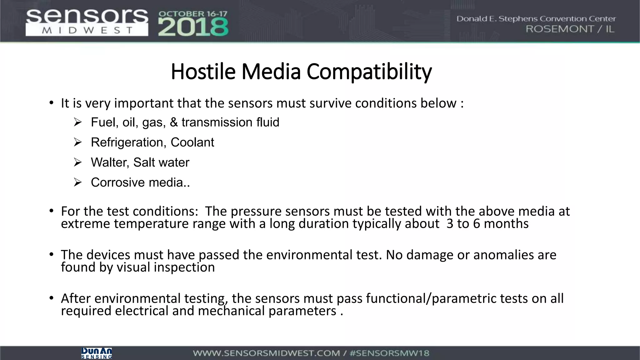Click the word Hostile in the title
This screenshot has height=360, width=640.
pyautogui.click(x=203, y=72)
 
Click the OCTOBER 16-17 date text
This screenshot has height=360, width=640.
pyautogui.click(x=193, y=14)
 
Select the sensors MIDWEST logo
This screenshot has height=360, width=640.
pyautogui.click(x=87, y=22)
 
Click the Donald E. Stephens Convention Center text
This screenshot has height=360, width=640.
pyautogui.click(x=536, y=19)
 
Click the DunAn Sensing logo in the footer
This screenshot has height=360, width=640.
pyautogui.click(x=96, y=353)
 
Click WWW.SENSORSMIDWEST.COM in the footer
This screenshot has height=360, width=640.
pyautogui.click(x=266, y=353)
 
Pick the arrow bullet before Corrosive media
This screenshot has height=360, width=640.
pyautogui.click(x=77, y=182)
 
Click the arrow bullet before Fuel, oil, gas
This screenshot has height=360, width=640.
pyautogui.click(x=77, y=122)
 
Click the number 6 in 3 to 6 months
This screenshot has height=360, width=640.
pyautogui.click(x=476, y=224)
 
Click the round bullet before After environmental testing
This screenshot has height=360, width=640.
pyautogui.click(x=51, y=298)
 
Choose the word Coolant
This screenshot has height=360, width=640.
pyautogui.click(x=192, y=142)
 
